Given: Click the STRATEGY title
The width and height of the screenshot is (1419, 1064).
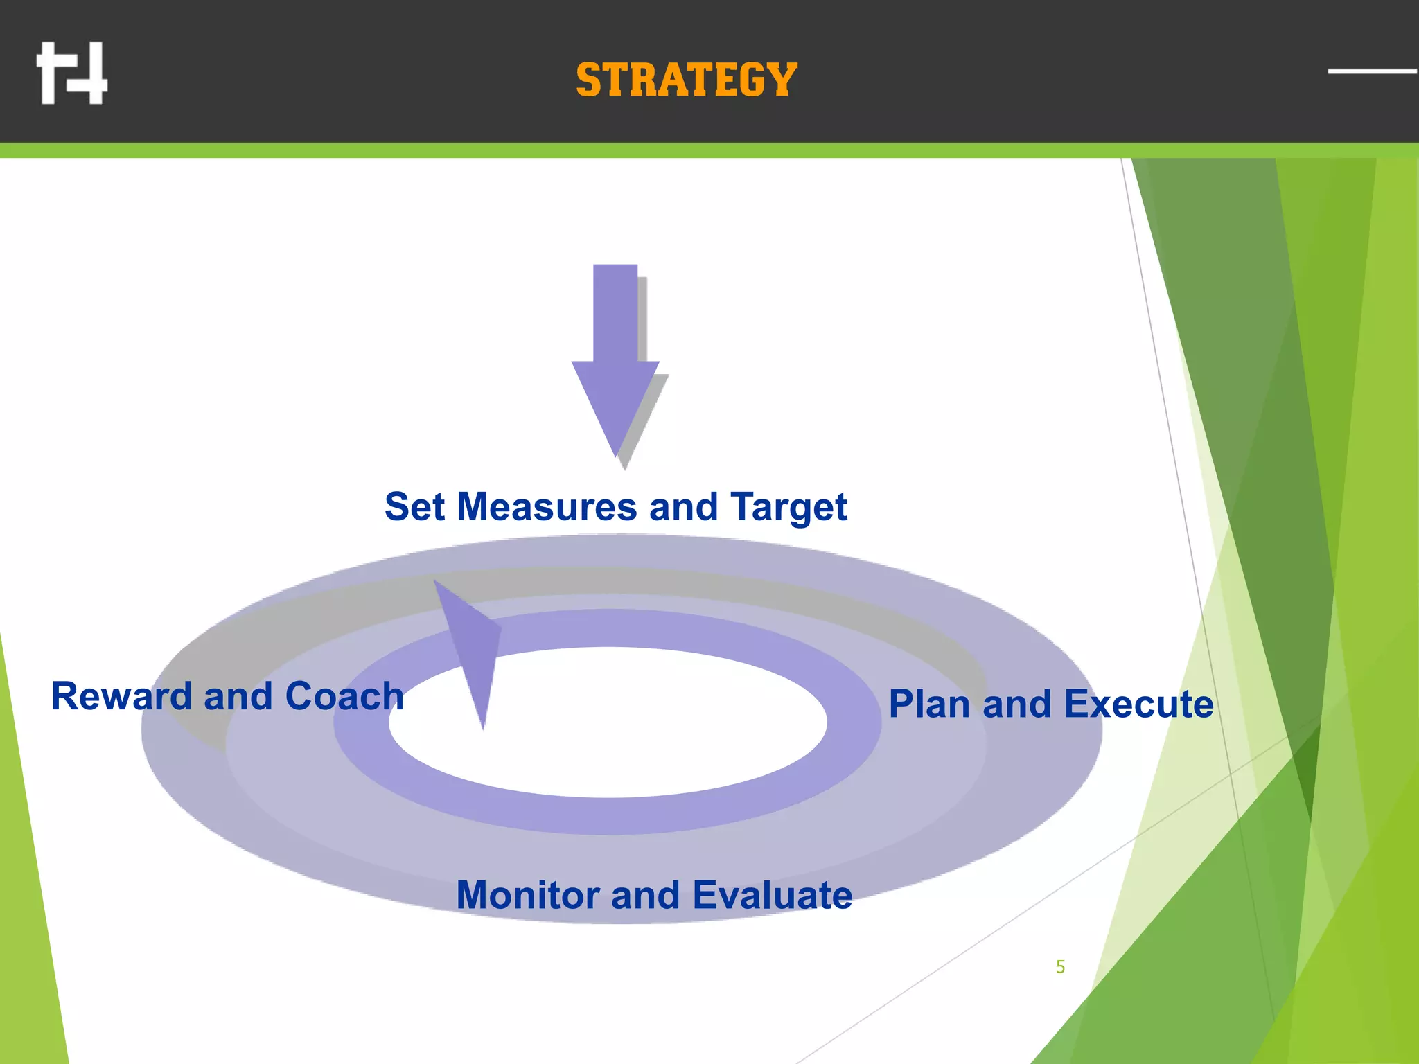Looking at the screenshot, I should (x=686, y=80).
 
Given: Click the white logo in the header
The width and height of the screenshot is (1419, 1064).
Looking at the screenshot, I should (x=72, y=73).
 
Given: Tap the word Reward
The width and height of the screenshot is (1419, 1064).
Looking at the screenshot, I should (x=122, y=696).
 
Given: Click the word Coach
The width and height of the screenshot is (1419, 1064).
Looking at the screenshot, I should (x=344, y=696).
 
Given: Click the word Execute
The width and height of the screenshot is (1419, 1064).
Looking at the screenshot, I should (x=1138, y=704).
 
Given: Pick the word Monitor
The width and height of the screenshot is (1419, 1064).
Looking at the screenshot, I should (x=528, y=895).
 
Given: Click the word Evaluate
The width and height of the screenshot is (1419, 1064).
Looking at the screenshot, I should (x=773, y=895).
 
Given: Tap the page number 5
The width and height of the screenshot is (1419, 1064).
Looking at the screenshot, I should (x=1060, y=966).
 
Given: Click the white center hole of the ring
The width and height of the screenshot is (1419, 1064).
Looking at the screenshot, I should (x=608, y=722).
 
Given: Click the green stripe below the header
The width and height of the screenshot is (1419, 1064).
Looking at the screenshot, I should (x=693, y=150).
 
